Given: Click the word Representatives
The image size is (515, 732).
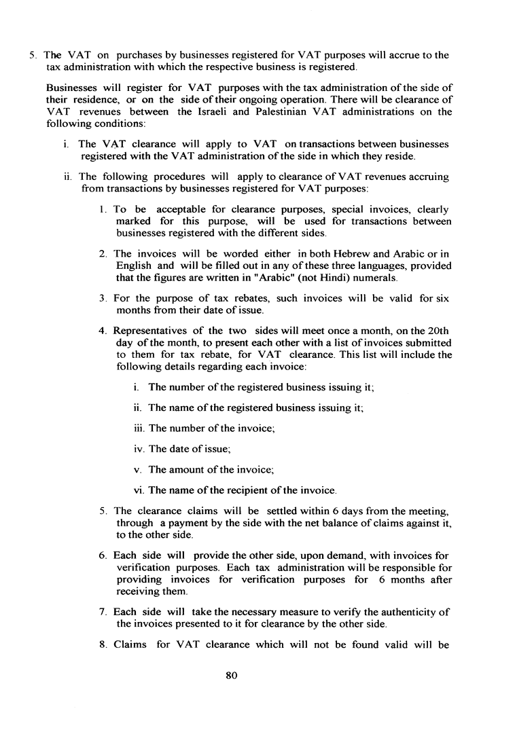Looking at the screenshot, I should point(147,331).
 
